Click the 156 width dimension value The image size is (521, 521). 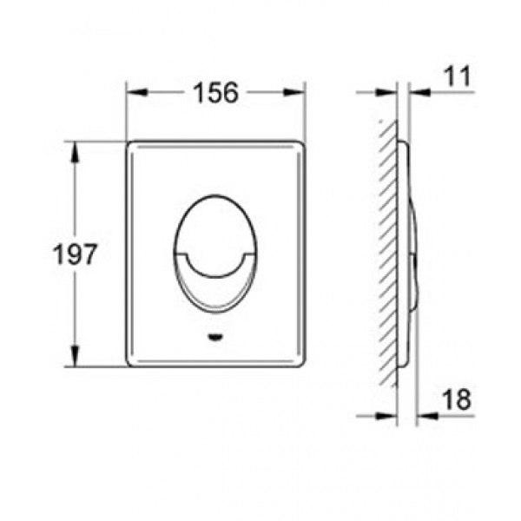pos(216,92)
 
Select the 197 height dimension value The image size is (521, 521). pos(75,254)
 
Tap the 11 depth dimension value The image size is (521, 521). pos(458,76)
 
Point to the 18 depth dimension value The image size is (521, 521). pos(457,399)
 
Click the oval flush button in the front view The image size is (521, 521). pos(215,254)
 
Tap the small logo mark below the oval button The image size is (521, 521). pos(215,338)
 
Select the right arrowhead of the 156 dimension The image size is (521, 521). pos(293,92)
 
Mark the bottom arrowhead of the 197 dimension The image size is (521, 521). pos(75,356)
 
